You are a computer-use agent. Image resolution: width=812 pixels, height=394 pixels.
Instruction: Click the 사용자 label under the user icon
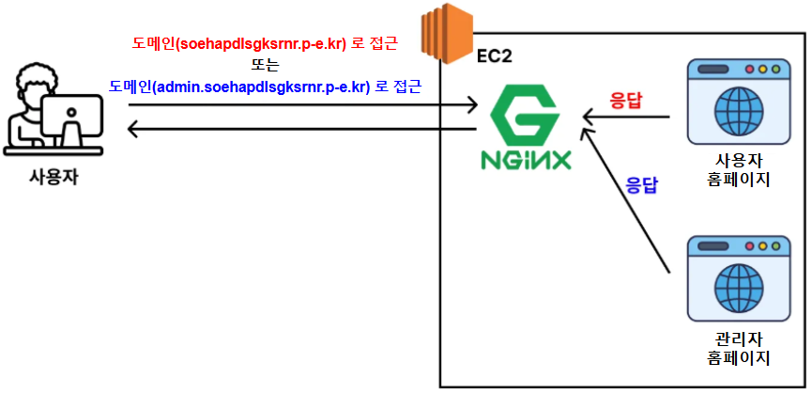coord(54,177)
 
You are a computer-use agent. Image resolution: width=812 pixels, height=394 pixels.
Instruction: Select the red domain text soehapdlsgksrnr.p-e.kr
coord(266,44)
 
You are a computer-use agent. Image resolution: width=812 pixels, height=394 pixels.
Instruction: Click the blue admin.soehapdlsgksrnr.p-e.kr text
coord(266,87)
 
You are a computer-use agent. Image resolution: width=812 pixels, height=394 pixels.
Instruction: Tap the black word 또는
coord(266,65)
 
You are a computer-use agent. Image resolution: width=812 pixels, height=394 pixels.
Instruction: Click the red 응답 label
coord(626,99)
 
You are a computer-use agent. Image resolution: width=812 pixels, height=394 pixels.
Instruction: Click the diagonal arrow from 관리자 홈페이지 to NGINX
coord(624,200)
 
